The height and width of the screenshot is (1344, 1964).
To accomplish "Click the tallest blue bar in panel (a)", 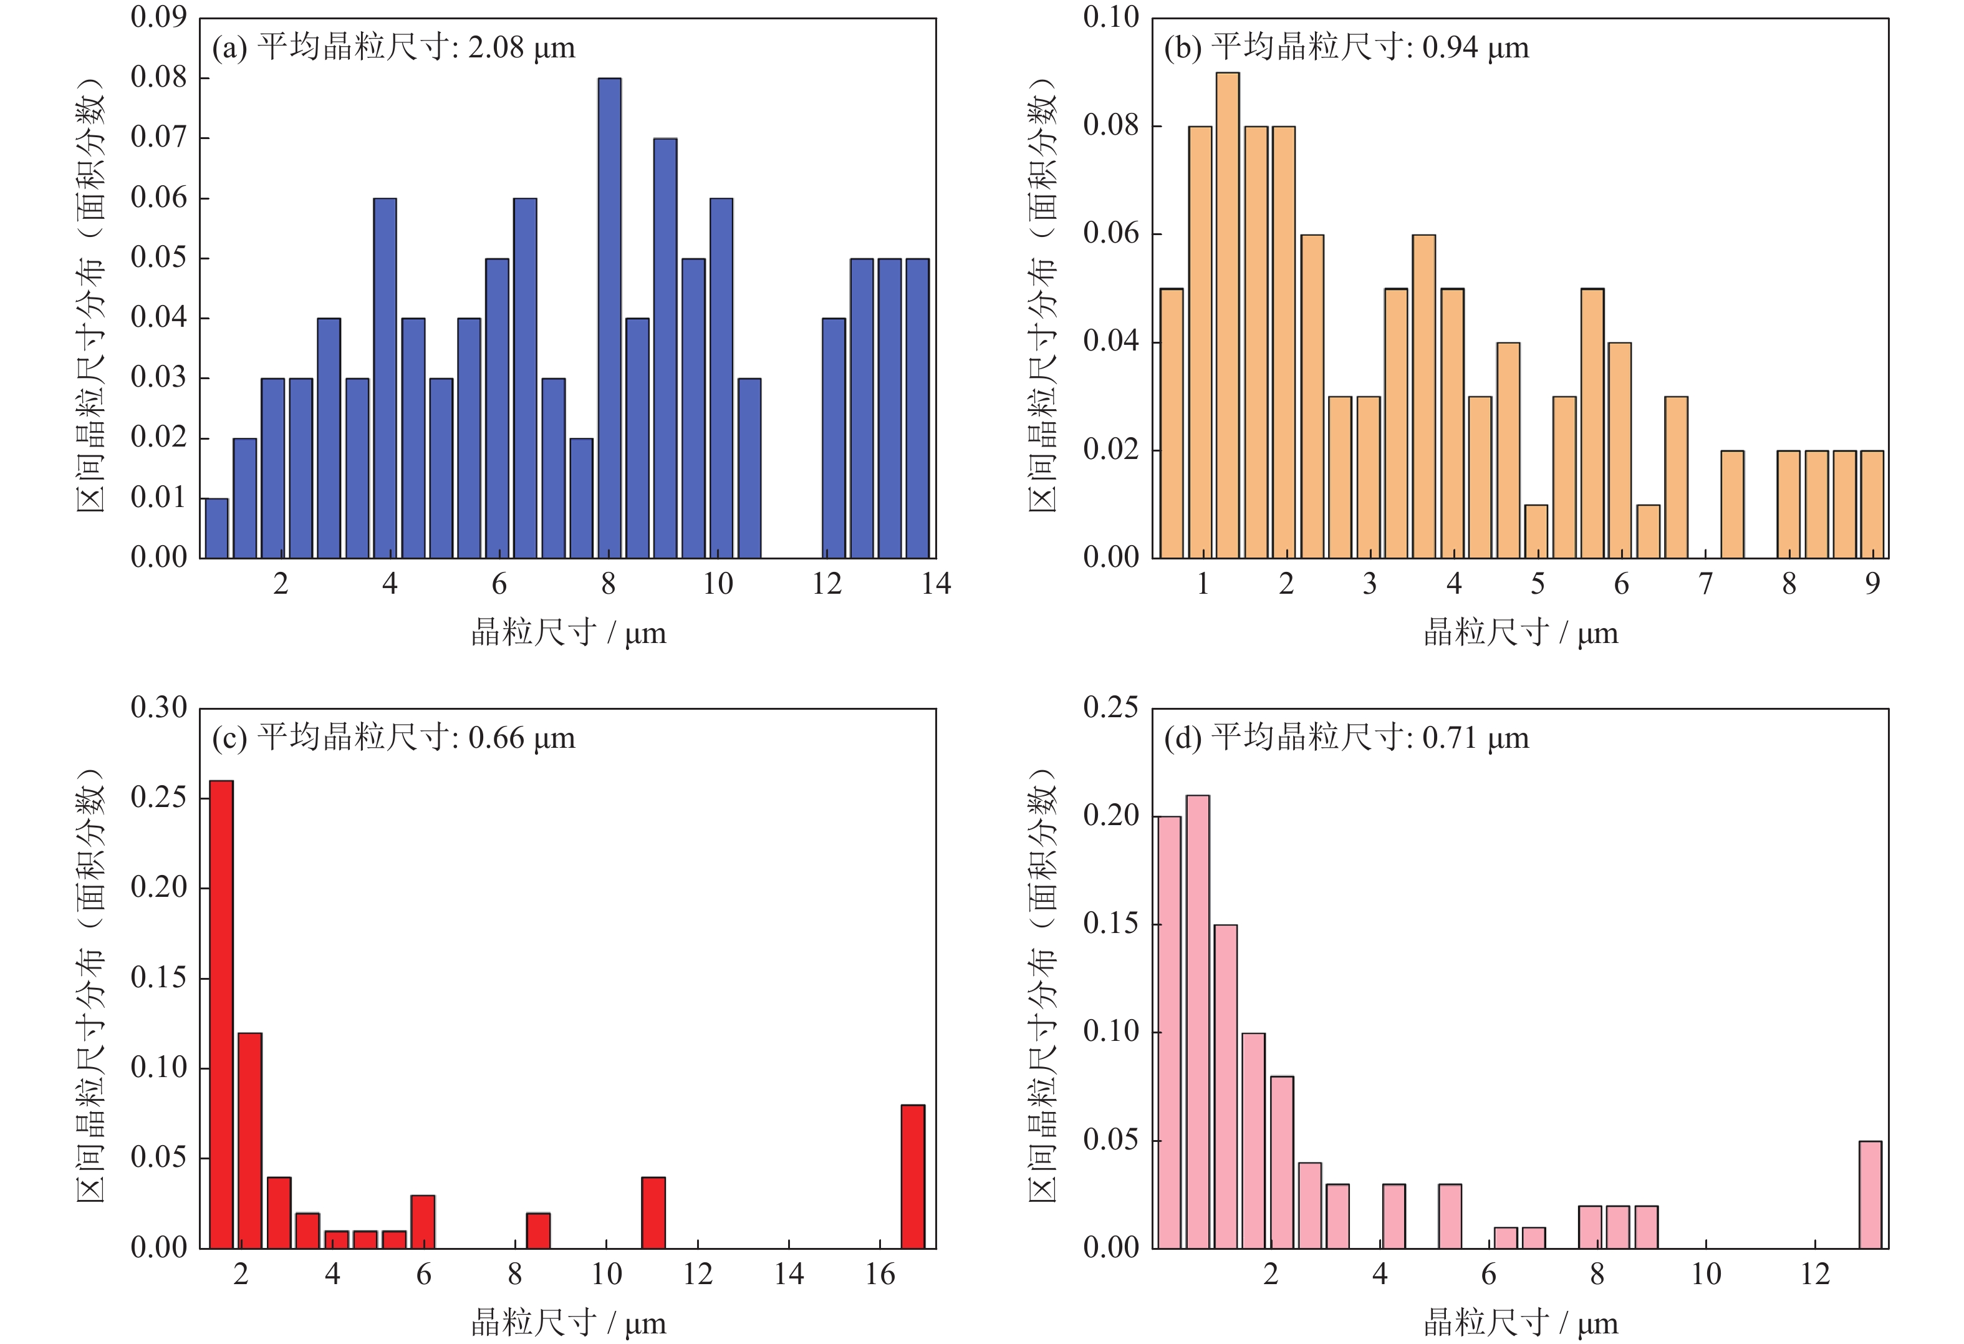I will click(609, 318).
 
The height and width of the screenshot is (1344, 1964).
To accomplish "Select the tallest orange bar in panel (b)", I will click(1227, 316).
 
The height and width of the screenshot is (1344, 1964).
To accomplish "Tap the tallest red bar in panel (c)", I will click(221, 1013).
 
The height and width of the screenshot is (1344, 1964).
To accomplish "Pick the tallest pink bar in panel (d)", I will click(1198, 1021).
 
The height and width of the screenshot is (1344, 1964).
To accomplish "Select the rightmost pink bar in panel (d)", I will click(1870, 1194).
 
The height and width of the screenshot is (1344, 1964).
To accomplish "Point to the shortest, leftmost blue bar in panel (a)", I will click(216, 528).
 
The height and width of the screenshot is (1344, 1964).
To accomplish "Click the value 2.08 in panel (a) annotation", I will click(496, 47).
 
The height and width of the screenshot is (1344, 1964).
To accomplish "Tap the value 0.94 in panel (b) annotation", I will click(1450, 47).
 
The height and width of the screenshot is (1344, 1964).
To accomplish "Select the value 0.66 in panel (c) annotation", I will click(496, 738).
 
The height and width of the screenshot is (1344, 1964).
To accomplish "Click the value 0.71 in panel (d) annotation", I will click(1450, 738).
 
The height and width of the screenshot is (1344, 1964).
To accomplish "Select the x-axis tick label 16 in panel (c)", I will click(880, 1275).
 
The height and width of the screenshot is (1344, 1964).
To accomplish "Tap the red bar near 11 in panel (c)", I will click(653, 1212).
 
